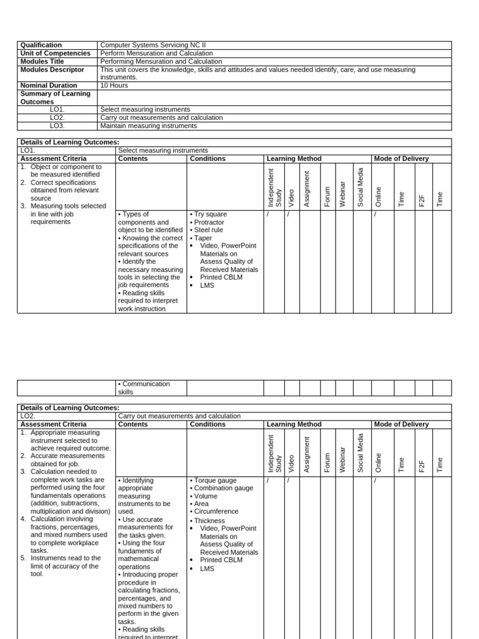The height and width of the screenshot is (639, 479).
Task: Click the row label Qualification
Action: [x=41, y=45]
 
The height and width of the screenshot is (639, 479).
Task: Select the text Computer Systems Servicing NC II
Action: [x=152, y=45]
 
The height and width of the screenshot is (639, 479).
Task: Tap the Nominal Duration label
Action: [x=49, y=85]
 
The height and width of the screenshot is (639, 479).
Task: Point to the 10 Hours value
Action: [x=114, y=85]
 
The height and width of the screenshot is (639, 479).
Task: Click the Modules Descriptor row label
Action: [x=52, y=70]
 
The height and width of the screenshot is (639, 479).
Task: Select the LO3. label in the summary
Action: [x=57, y=125]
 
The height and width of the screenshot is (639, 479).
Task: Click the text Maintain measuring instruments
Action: [x=148, y=125]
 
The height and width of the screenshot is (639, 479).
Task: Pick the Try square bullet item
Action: [x=210, y=214]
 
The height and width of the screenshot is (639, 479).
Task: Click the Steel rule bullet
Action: [x=209, y=230]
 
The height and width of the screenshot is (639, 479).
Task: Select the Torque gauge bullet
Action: [x=214, y=480]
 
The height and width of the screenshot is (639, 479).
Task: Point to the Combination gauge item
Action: [x=223, y=488]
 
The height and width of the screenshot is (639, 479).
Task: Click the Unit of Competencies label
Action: [x=55, y=53]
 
